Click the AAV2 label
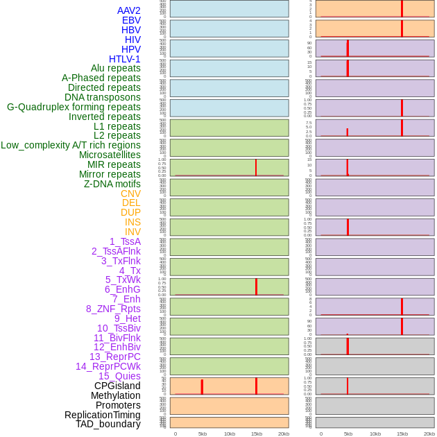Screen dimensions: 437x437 pos(129,10)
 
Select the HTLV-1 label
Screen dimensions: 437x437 pos(125,59)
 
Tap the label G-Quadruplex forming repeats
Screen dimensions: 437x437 pos(74,107)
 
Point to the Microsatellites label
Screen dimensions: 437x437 pos(110,155)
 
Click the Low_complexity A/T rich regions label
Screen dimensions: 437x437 pos(71,145)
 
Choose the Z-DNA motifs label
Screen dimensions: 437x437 pos(112,184)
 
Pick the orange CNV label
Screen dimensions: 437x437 pos(130,194)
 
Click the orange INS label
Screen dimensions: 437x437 pos(132,222)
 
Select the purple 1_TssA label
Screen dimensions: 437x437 pos(125,241)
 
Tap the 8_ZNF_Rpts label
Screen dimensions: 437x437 pos(113,309)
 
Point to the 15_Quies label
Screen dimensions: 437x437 pos(119,376)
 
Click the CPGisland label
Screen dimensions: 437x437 pos(117,386)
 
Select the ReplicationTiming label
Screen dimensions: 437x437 pos(103,415)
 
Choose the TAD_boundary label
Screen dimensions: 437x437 pos(108,424)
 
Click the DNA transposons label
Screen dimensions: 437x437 pos(103,97)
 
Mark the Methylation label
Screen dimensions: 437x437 pos(116,395)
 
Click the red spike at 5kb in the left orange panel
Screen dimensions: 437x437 pos(202,387)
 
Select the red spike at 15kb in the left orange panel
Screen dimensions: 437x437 pos(256,386)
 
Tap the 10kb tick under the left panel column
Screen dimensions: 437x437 pos(230,434)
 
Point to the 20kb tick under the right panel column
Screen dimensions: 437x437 pos(429,434)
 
